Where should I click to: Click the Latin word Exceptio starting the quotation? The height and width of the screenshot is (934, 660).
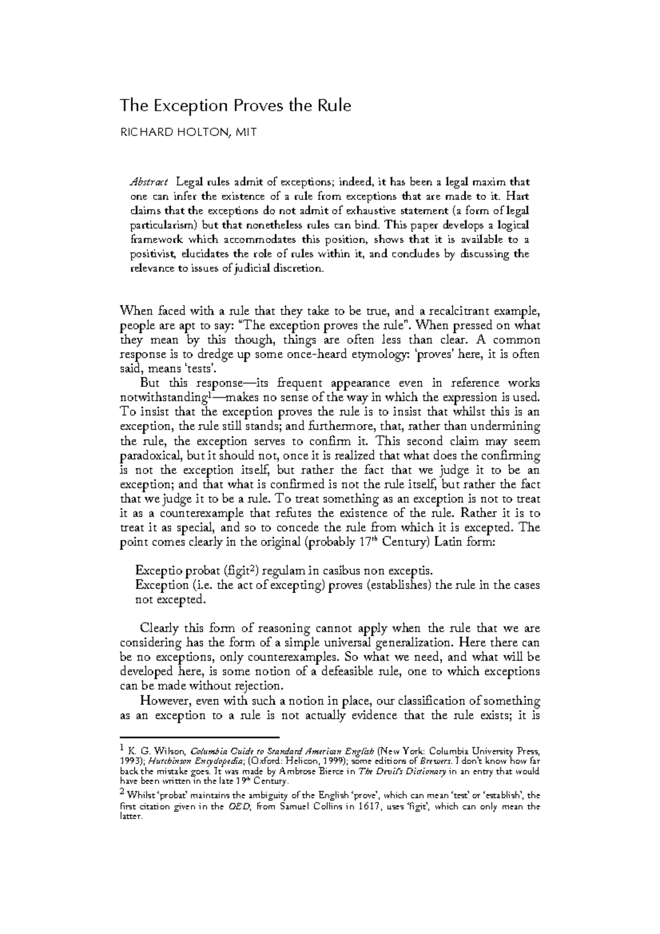(158, 570)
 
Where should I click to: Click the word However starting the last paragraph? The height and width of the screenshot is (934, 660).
(164, 701)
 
